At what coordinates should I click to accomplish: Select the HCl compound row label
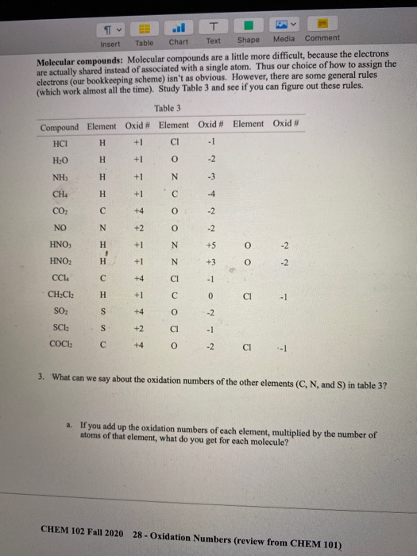[x=59, y=144]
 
